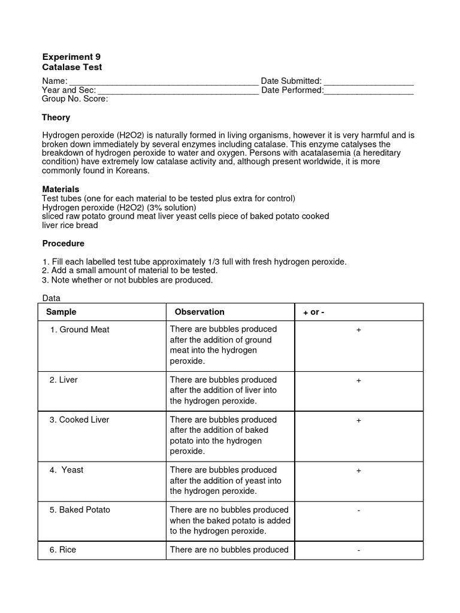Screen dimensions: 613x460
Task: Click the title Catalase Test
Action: click(68, 68)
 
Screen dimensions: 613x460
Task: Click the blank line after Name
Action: click(162, 82)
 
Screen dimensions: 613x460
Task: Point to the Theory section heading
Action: click(56, 117)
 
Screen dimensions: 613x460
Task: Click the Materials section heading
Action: click(60, 189)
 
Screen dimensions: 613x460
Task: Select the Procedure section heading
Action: click(63, 244)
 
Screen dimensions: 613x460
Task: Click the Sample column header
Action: click(61, 312)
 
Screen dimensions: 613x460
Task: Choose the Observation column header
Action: click(199, 312)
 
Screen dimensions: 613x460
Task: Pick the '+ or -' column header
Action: click(314, 312)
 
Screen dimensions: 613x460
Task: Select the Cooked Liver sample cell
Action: click(80, 420)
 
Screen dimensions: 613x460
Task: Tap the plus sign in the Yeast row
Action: click(359, 471)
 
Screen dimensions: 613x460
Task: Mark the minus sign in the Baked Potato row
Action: click(358, 511)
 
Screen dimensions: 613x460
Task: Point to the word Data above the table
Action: click(52, 298)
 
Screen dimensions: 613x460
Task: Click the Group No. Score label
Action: click(75, 99)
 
